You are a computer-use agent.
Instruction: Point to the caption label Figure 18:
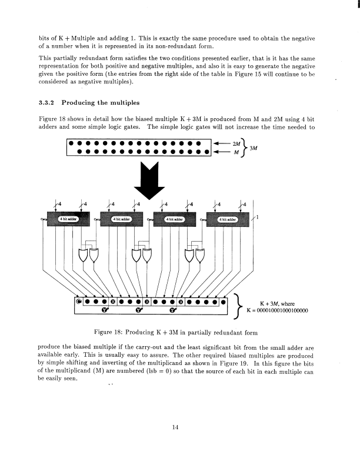point(108,332)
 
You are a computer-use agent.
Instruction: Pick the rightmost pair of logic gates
point(196,255)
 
